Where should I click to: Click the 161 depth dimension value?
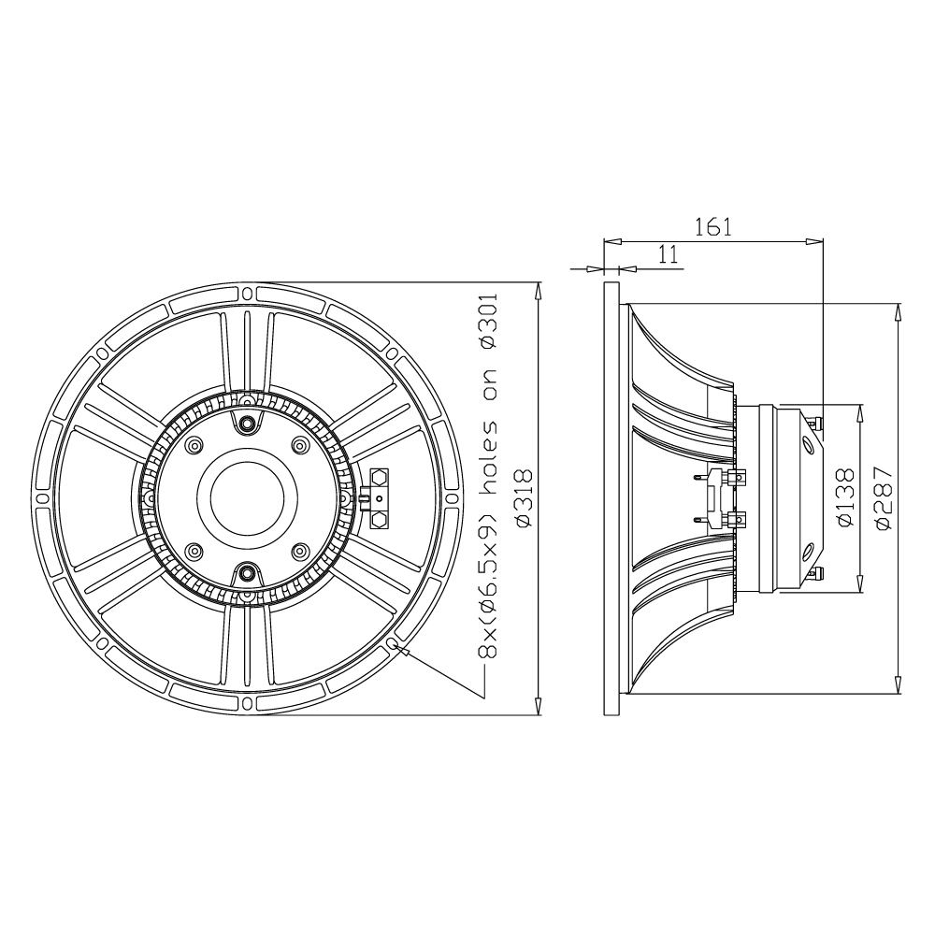pos(712,227)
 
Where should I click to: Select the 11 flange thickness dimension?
pos(667,255)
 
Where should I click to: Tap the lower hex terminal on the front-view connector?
pos(381,516)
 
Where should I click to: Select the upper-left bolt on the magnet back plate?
pos(194,444)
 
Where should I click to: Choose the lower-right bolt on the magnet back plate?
pos(299,552)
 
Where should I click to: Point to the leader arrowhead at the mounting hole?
pos(402,647)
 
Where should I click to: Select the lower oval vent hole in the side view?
pos(808,549)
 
